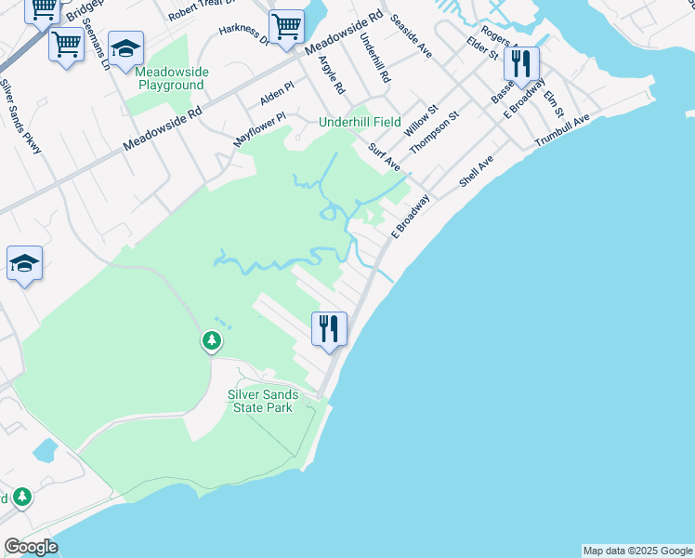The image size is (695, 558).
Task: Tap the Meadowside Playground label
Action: pyautogui.click(x=171, y=78)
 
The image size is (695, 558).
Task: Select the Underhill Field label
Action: pyautogui.click(x=360, y=122)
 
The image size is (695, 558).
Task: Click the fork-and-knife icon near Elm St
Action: pyautogui.click(x=521, y=65)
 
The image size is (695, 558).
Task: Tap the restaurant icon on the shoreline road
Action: pyautogui.click(x=329, y=329)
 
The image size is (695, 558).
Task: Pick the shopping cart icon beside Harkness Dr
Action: pyautogui.click(x=286, y=28)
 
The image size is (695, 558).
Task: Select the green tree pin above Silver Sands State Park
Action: pyautogui.click(x=213, y=341)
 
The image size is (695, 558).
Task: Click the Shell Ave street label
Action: pyautogui.click(x=476, y=172)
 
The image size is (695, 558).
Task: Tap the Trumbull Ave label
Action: pyautogui.click(x=562, y=131)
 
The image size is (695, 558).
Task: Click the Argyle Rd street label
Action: pyautogui.click(x=331, y=74)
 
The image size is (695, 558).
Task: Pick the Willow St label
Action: pyautogui.click(x=420, y=122)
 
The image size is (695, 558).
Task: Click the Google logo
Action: pyautogui.click(x=32, y=547)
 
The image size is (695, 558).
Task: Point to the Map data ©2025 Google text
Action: pyautogui.click(x=637, y=551)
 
